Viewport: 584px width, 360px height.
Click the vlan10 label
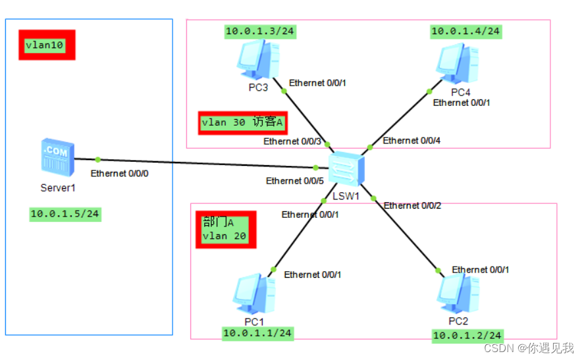(46, 45)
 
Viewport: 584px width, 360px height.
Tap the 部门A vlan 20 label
(225, 230)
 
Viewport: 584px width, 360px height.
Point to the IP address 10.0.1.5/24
(65, 214)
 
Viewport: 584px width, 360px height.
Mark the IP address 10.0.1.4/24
(465, 31)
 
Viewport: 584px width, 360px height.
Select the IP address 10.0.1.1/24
(257, 334)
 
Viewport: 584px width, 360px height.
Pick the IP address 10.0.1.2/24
(467, 336)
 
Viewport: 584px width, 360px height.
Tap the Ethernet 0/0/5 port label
(294, 181)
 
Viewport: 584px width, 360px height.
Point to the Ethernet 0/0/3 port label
(292, 141)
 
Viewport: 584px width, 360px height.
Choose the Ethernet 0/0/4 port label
(411, 140)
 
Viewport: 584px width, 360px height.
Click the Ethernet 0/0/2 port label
(412, 205)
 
